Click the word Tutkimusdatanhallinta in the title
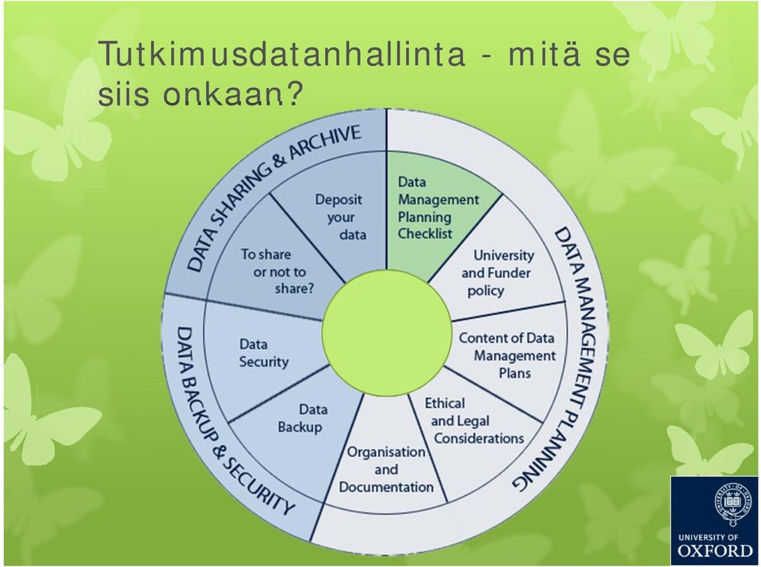tap(281, 55)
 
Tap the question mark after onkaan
tap(293, 93)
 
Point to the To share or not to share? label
tap(278, 271)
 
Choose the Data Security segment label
tap(264, 352)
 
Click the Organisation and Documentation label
tap(386, 469)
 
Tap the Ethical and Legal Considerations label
tap(474, 420)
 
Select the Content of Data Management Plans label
tap(507, 355)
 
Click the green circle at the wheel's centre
tap(387, 332)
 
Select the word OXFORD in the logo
tap(715, 550)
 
